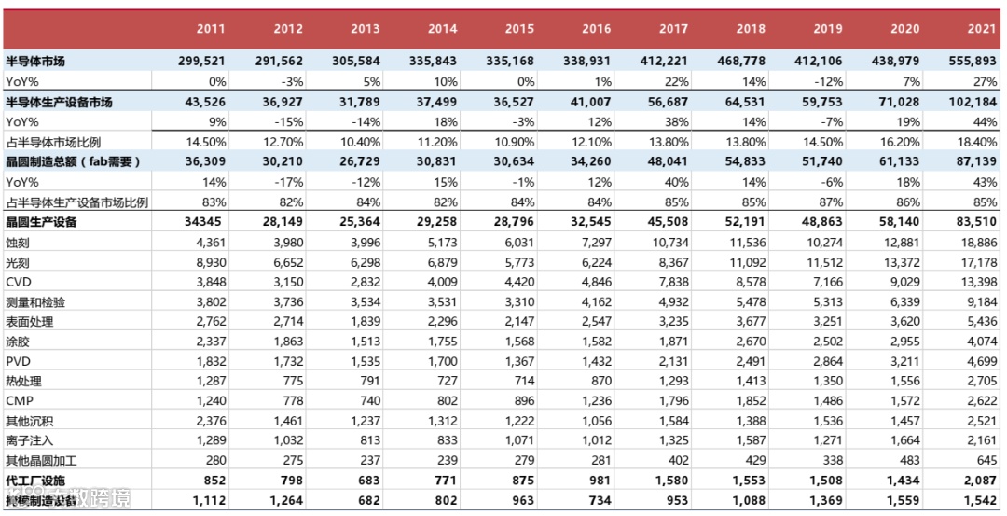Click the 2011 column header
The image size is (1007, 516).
211,29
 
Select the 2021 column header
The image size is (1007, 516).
981,29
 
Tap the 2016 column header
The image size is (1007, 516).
596,29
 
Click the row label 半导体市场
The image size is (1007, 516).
35,62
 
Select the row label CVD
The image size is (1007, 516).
19,282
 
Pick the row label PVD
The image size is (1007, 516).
19,361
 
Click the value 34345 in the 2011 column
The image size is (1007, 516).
206,222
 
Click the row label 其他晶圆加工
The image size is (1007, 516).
41,460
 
